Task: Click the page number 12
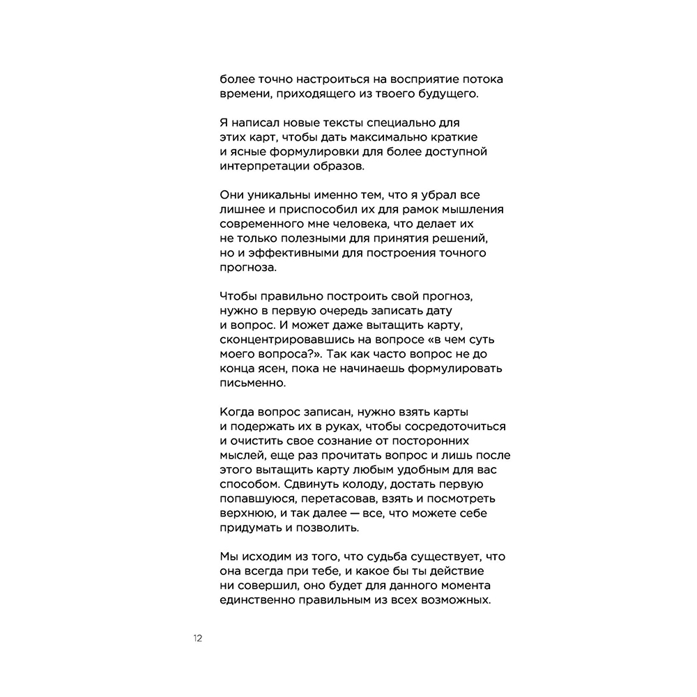pos(198,638)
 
